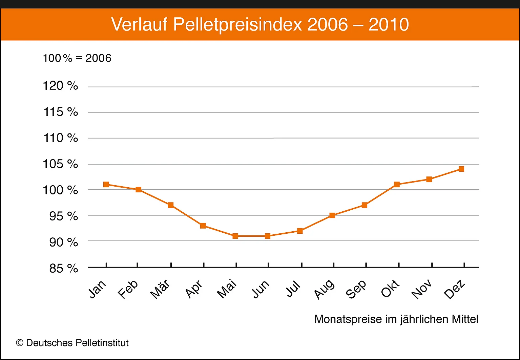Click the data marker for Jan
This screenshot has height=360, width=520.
tap(106, 185)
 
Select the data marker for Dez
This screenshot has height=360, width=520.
tap(461, 169)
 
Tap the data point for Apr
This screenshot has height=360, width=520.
tap(203, 226)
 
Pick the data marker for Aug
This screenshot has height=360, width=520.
tap(332, 215)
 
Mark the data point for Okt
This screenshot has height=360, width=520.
tap(397, 185)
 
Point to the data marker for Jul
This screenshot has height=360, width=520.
tap(300, 231)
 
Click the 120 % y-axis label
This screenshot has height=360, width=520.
tap(60, 86)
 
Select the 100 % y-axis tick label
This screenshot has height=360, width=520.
tap(60, 190)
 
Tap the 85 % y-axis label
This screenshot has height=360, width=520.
tap(63, 269)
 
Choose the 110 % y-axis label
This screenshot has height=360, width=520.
tap(61, 138)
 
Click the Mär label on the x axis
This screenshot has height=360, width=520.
tap(160, 289)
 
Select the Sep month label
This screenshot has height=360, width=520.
tap(356, 289)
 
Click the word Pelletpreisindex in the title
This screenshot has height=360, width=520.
tap(237, 25)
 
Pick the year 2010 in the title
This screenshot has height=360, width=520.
tap(389, 25)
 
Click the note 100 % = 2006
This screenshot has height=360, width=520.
tap(77, 58)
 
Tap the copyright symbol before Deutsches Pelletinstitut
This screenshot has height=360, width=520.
tap(20, 343)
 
